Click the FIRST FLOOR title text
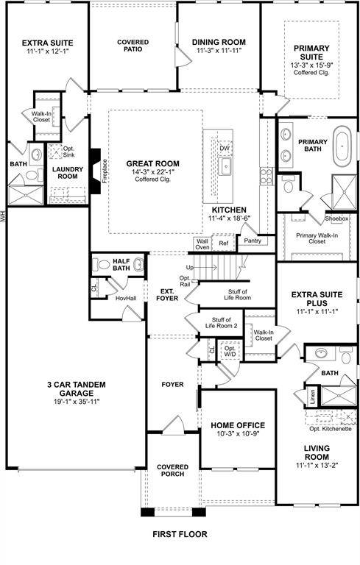tap(180, 534)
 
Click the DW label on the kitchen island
tap(225, 148)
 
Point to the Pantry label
tap(253, 240)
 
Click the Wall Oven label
tap(201, 244)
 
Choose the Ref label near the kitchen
tap(224, 243)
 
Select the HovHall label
tap(126, 299)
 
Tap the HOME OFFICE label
tap(237, 426)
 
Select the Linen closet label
tap(311, 397)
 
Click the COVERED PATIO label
tap(133, 46)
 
